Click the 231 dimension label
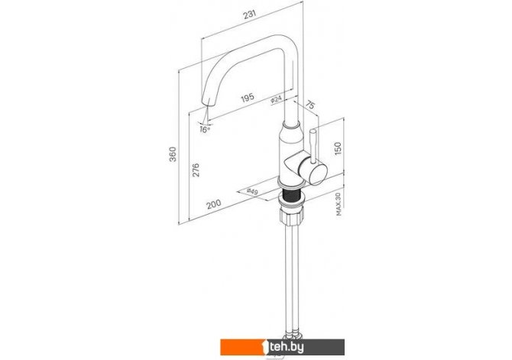250,15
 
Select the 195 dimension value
248,98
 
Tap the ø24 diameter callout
276,100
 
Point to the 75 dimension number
310,105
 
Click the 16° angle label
205,130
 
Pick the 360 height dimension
173,154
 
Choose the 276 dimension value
196,170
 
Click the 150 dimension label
338,148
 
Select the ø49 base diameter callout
252,192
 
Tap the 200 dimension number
213,204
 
